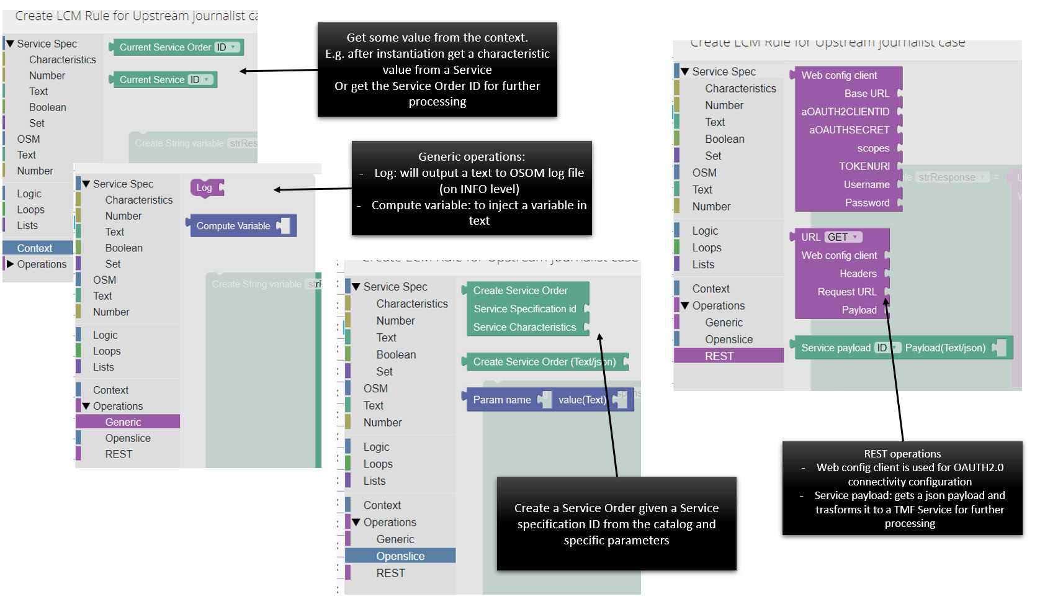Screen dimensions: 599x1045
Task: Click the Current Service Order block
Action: [165, 47]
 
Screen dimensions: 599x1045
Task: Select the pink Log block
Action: [205, 187]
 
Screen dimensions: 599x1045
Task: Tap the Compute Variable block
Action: [233, 226]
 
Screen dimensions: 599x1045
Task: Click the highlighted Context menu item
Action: [35, 248]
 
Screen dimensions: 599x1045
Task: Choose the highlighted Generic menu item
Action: [123, 422]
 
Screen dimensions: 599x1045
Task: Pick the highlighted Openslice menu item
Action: [400, 556]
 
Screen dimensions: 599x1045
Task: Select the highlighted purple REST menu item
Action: [719, 356]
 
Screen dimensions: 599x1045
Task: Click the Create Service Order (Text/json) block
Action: [544, 362]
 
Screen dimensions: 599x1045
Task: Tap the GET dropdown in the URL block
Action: [841, 237]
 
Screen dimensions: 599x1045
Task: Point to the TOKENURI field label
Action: [864, 166]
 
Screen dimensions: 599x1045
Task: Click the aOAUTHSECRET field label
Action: [849, 130]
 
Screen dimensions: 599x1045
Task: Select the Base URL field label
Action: [866, 94]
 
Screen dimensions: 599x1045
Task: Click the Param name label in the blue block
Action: [502, 400]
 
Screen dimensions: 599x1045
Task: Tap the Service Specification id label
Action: [525, 309]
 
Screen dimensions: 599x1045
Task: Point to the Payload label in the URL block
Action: [859, 310]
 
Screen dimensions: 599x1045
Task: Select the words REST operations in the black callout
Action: [902, 454]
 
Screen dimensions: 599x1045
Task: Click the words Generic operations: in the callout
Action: [472, 157]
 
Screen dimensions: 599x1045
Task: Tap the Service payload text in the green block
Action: [835, 348]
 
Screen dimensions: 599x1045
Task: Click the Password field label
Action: [867, 203]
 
